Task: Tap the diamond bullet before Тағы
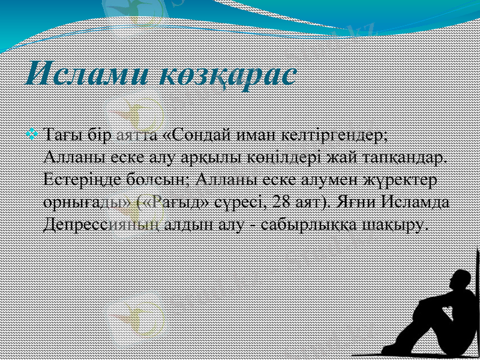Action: [x=34, y=131]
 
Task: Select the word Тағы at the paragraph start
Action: [x=64, y=134]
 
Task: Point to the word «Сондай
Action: [x=195, y=134]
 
